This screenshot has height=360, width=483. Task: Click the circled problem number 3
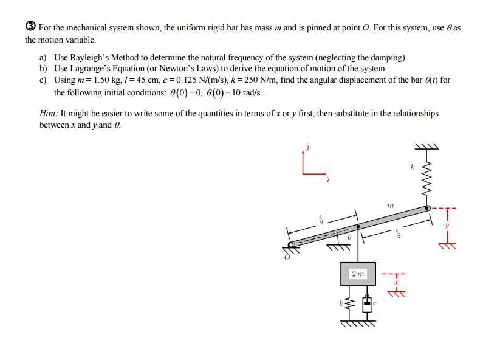click(30, 27)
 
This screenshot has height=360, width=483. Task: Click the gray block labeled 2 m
click(358, 274)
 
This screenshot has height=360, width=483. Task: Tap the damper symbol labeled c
click(366, 304)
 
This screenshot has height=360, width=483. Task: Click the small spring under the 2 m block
click(348, 304)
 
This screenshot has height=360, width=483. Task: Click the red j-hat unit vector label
click(307, 147)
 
